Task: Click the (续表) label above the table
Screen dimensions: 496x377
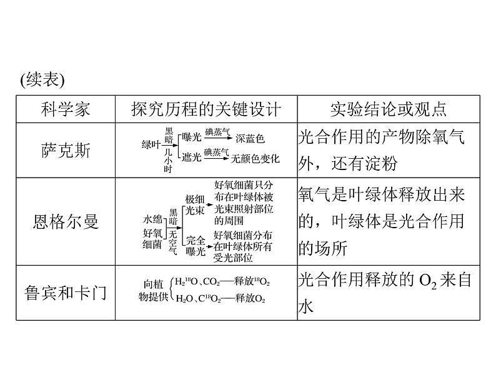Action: pos(42,81)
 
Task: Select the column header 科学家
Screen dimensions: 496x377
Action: pos(65,109)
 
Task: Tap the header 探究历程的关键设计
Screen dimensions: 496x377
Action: pos(206,109)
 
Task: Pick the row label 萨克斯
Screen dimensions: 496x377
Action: pos(65,150)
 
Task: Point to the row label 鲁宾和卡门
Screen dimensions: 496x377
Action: pos(65,293)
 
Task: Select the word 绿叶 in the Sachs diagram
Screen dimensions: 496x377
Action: pos(151,144)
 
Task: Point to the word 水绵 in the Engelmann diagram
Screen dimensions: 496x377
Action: pos(152,219)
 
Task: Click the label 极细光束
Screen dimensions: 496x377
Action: pos(195,205)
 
